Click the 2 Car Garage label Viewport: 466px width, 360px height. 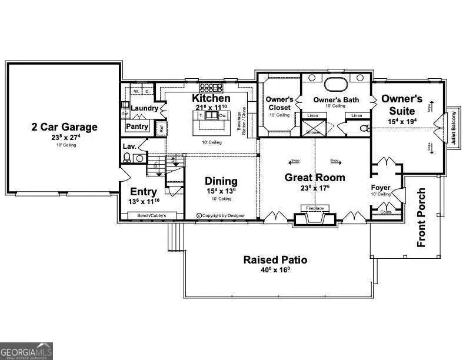[65, 126]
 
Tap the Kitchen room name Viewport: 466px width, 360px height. [211, 98]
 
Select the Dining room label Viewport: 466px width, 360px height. [221, 181]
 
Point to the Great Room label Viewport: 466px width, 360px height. [315, 177]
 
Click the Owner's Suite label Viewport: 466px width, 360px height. [402, 104]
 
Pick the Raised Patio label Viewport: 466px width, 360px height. [275, 259]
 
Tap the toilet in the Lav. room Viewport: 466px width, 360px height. [127, 157]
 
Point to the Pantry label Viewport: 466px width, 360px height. [137, 126]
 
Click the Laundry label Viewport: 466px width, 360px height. [144, 108]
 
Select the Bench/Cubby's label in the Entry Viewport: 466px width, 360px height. [152, 216]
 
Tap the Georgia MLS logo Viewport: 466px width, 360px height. [26, 350]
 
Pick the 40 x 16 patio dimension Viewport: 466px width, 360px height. [275, 270]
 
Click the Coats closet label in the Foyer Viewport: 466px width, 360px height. [386, 212]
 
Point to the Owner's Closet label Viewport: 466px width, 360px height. [279, 104]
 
